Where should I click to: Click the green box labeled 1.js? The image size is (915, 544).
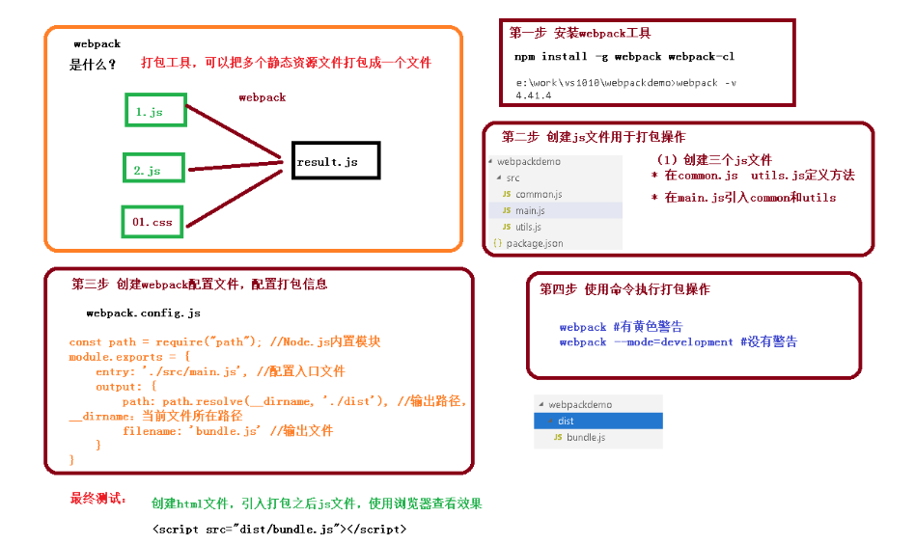coord(155,110)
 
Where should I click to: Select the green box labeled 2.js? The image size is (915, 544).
coord(153,168)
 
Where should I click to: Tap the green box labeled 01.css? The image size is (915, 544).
coord(152,221)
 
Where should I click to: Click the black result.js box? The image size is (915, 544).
coord(335,161)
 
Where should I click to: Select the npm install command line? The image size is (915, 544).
coord(624,57)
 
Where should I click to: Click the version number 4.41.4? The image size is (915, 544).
coord(533,95)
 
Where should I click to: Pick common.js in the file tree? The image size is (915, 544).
coord(538,194)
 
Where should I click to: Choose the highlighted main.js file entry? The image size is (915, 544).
coord(530,210)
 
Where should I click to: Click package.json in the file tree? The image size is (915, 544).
coord(534,243)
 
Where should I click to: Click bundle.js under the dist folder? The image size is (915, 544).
coord(586,438)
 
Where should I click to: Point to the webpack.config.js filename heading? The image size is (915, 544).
coord(143,313)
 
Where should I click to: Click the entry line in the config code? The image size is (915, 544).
coord(220,371)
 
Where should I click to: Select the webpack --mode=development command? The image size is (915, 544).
coord(678,341)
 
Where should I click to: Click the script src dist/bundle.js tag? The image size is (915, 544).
coord(279,529)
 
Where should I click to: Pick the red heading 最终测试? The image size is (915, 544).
coord(97,499)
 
